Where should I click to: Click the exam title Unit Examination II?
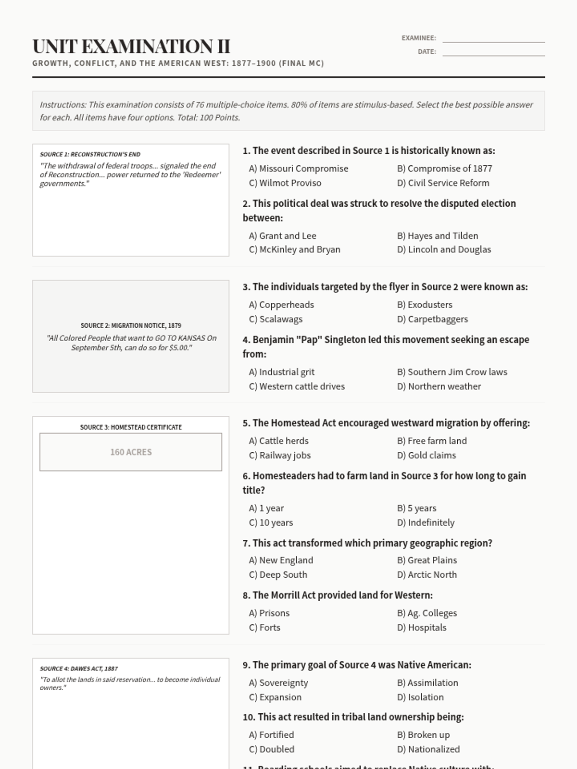[x=131, y=47]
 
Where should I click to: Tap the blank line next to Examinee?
[x=493, y=38]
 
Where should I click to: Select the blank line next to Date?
[x=493, y=52]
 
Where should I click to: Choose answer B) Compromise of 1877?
[x=444, y=169]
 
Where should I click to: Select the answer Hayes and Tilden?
[x=438, y=236]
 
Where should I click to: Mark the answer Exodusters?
[x=425, y=305]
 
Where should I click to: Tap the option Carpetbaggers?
[x=432, y=319]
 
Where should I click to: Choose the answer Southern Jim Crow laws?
[x=452, y=372]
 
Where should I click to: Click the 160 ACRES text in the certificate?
[x=131, y=452]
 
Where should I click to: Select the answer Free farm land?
[x=432, y=441]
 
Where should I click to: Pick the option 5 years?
[x=417, y=508]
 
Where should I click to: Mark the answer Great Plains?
[x=427, y=560]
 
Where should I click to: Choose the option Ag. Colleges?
[x=427, y=613]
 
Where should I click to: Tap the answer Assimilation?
[x=427, y=683]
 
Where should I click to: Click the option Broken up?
[x=424, y=735]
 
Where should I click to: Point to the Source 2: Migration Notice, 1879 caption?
[x=131, y=325]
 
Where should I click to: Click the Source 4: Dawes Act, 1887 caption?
[x=79, y=669]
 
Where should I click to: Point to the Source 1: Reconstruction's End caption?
[x=90, y=154]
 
